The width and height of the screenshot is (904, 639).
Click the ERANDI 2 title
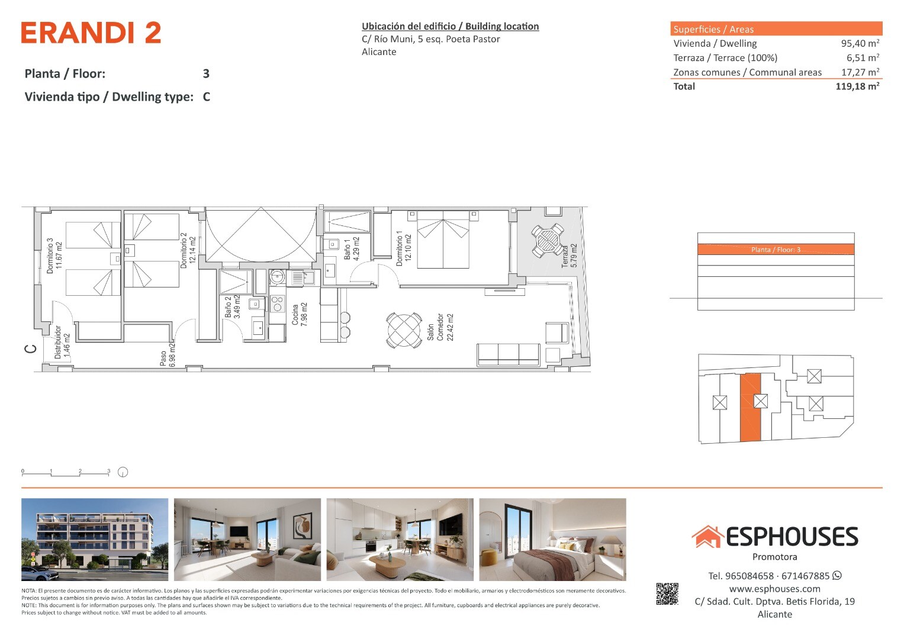click(x=91, y=33)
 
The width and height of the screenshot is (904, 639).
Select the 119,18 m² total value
click(x=857, y=86)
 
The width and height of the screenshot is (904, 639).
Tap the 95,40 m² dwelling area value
click(x=860, y=43)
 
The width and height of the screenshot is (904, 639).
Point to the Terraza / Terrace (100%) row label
click(x=725, y=58)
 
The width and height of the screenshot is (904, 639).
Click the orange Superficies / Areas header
click(x=776, y=28)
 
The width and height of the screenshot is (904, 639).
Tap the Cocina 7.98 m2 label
click(x=300, y=314)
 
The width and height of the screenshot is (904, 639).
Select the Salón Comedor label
click(x=440, y=327)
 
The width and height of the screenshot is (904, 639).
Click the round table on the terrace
click(x=548, y=240)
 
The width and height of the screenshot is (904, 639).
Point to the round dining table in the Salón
click(x=404, y=330)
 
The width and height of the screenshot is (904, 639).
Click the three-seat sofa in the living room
click(x=508, y=354)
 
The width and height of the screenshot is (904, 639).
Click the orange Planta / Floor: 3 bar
click(x=776, y=249)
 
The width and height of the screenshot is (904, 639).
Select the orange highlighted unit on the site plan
click(x=750, y=407)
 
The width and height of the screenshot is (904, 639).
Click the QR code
click(x=667, y=594)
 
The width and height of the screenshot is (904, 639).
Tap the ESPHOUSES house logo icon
click(x=707, y=537)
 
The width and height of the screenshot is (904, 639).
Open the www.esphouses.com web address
click(x=774, y=589)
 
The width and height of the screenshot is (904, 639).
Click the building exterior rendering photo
click(x=95, y=540)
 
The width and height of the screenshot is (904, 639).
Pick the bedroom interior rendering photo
click(x=552, y=540)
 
